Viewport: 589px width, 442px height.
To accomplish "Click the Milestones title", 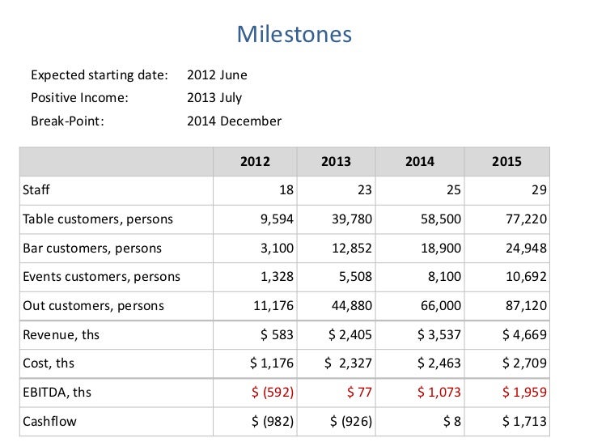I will pyautogui.click(x=294, y=35).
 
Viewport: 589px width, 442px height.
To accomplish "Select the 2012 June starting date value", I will pyautogui.click(x=217, y=75).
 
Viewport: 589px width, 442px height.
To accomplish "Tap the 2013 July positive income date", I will pyautogui.click(x=214, y=98).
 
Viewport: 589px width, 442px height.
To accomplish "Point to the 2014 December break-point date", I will pyautogui.click(x=234, y=121).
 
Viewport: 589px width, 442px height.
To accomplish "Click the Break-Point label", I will pyautogui.click(x=68, y=121).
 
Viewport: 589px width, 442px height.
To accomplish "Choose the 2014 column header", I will pyautogui.click(x=419, y=161).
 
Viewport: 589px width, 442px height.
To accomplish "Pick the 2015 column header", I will pyautogui.click(x=506, y=161).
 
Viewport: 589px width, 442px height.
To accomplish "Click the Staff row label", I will pyautogui.click(x=36, y=190).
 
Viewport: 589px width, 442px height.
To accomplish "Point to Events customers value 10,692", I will pyautogui.click(x=527, y=277).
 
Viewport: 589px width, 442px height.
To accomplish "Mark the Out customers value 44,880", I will pyautogui.click(x=352, y=306).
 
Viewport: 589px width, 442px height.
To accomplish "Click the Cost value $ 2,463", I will pyautogui.click(x=439, y=363).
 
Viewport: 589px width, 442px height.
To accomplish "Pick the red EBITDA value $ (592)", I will pyautogui.click(x=273, y=393).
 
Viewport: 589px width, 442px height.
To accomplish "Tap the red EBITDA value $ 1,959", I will pyautogui.click(x=524, y=393).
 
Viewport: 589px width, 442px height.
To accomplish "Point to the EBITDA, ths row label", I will pyautogui.click(x=57, y=393).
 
